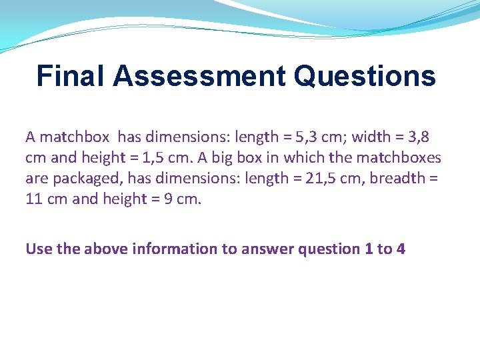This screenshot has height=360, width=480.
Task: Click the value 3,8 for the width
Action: [418, 137]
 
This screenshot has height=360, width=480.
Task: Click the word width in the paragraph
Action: [369, 137]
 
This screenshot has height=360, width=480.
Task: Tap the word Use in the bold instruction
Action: [37, 249]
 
